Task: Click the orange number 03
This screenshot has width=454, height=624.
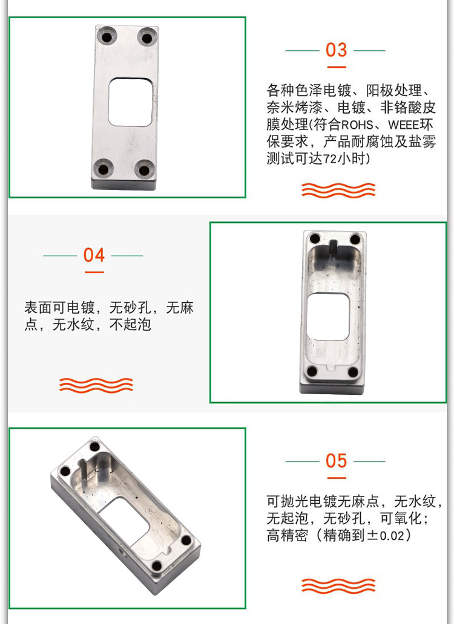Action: click(x=336, y=50)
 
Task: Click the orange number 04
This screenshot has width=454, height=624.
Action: click(x=94, y=255)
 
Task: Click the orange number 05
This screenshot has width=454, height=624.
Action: click(x=336, y=461)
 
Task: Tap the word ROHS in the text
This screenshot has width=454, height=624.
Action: click(x=357, y=125)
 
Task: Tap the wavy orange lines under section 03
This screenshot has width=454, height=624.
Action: click(x=338, y=190)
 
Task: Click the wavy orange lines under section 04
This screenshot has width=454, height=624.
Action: click(x=96, y=385)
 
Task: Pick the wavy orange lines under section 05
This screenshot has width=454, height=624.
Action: click(x=338, y=585)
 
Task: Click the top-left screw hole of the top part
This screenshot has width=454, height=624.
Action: click(x=107, y=37)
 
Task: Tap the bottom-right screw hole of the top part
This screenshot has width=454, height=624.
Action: click(x=144, y=170)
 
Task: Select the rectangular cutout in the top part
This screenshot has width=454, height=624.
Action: click(x=130, y=102)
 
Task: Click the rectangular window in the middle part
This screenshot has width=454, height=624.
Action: click(x=329, y=317)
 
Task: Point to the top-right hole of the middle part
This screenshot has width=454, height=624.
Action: click(x=355, y=240)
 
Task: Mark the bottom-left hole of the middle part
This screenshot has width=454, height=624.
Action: click(x=312, y=372)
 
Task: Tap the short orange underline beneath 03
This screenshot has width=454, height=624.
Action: click(x=337, y=67)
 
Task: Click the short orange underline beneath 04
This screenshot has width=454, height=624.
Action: click(x=94, y=272)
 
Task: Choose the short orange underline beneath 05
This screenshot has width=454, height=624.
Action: click(x=337, y=478)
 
